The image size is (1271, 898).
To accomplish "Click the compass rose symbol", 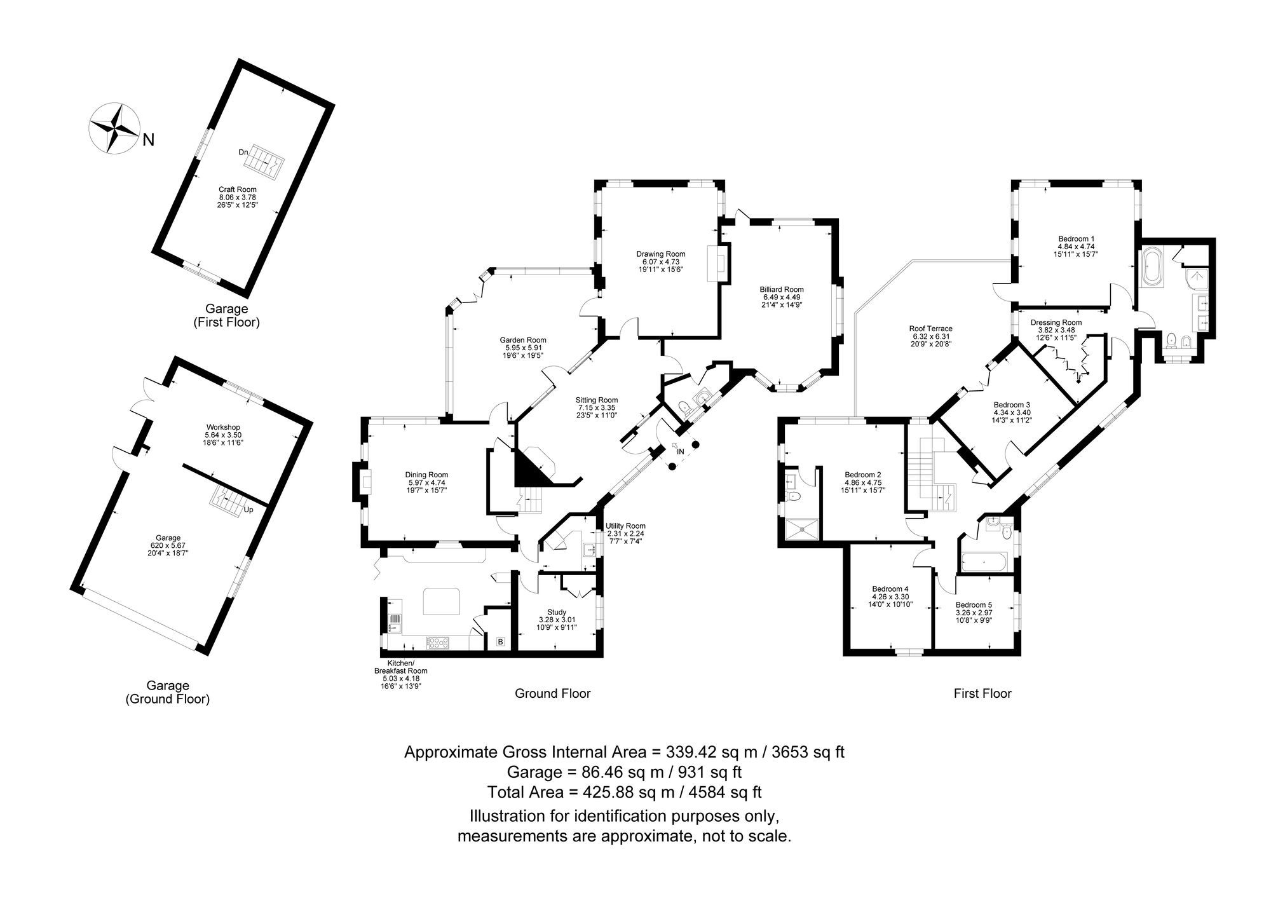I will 113,128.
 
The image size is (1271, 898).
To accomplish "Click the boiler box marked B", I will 500,642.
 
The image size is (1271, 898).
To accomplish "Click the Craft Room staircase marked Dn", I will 262,161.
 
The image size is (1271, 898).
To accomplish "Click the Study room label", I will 557,613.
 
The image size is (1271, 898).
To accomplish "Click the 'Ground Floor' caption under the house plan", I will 552,693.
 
